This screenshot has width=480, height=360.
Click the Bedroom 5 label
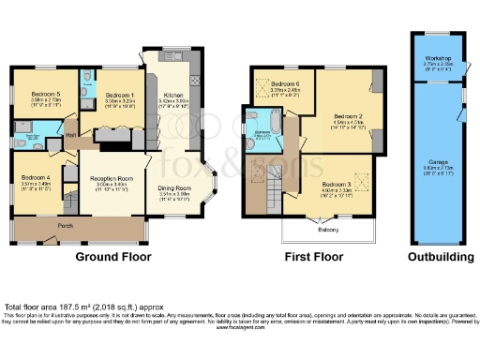click(43, 95)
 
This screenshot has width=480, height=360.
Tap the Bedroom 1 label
click(118, 95)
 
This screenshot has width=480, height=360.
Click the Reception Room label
click(109, 177)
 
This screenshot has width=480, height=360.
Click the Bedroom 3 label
click(336, 187)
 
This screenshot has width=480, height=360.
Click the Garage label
click(440, 160)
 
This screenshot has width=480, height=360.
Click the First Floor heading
click(311, 257)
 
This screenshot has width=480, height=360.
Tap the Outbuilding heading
click(439, 257)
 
